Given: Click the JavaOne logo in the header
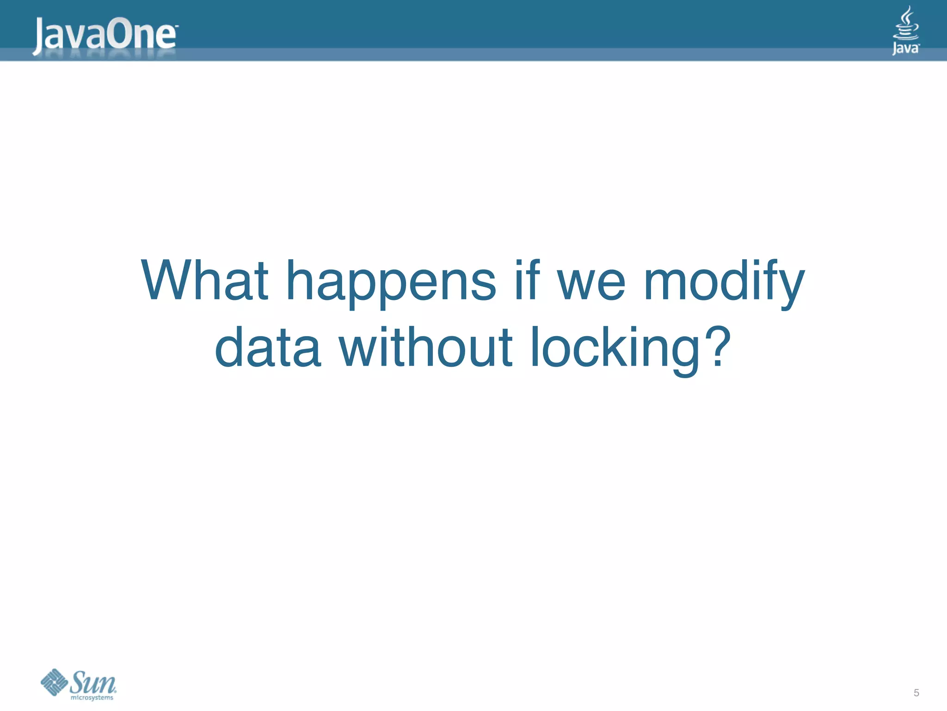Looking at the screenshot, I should tap(105, 34).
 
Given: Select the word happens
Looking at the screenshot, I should tap(391, 282).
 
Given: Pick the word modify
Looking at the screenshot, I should tap(724, 282).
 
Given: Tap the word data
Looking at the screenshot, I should tap(268, 347).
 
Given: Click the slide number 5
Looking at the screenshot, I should tap(916, 693).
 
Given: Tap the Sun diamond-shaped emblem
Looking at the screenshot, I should tap(55, 682).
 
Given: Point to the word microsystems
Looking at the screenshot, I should tap(92, 698).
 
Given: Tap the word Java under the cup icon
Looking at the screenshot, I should tap(905, 48).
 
